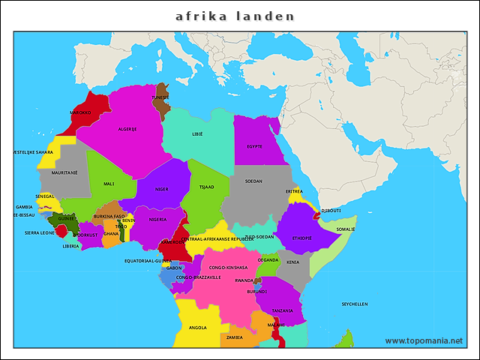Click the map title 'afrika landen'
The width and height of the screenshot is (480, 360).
click(235, 16)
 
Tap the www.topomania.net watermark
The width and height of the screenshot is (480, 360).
click(424, 340)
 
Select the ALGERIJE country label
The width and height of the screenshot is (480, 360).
click(127, 129)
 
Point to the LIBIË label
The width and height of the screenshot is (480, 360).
click(198, 135)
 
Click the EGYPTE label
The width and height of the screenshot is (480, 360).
click(254, 146)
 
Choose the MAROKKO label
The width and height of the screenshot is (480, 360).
click(80, 112)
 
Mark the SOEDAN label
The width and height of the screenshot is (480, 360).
click(253, 181)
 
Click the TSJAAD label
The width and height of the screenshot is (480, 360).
click(206, 186)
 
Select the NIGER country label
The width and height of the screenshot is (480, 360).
click(161, 190)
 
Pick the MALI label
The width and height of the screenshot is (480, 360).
click(109, 184)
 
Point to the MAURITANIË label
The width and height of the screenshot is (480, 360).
click(64, 172)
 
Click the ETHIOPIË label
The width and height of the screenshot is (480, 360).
click(301, 238)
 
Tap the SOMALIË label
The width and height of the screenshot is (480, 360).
click(346, 229)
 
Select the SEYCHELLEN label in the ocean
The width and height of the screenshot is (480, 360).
click(355, 304)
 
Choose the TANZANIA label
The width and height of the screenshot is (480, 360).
click(282, 310)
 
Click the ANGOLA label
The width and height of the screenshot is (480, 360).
click(198, 328)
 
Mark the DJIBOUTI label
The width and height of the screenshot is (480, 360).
click(331, 211)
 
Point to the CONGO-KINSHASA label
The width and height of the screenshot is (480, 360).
click(228, 267)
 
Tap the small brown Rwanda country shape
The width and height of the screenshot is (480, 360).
click(258, 280)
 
